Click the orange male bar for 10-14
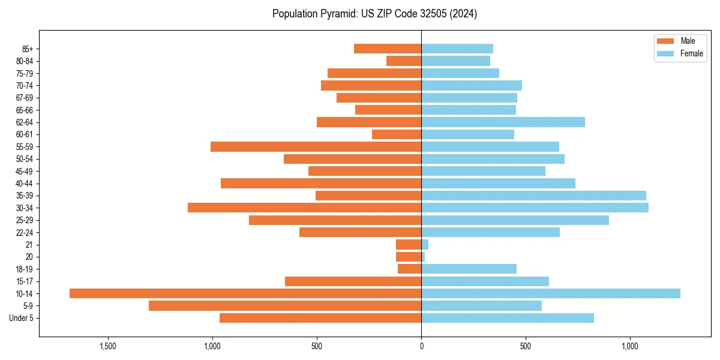tap(245, 293)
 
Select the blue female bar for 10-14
tap(551, 293)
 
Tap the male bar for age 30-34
tap(304, 208)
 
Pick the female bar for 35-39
tap(533, 196)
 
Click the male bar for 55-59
tap(316, 146)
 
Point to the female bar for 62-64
tap(503, 122)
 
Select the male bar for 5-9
tap(285, 305)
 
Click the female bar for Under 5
tap(508, 318)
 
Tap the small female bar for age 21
tap(425, 244)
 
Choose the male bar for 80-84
tap(404, 61)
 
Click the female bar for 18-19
tap(469, 269)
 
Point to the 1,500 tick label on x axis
tap(108, 347)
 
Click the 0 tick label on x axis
tap(421, 347)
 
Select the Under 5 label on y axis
tap(21, 318)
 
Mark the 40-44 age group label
tap(25, 184)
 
